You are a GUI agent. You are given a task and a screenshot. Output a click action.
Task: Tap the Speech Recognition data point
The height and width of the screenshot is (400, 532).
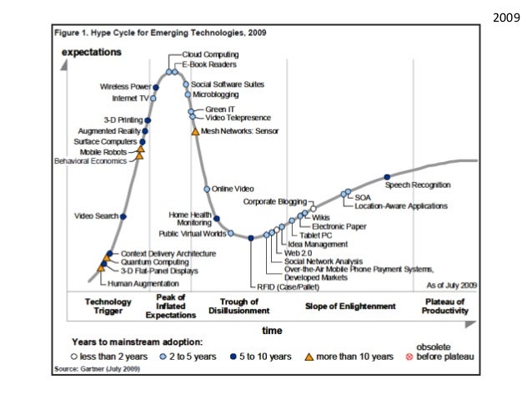click(387, 176)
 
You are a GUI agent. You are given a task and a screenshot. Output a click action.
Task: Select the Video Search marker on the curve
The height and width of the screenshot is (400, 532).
click(123, 216)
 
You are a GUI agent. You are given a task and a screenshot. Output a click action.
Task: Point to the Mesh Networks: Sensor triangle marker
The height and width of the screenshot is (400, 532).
click(195, 131)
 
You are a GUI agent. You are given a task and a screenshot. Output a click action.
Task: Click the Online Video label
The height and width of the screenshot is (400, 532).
click(233, 190)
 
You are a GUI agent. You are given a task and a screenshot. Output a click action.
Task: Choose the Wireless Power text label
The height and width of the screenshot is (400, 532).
click(126, 87)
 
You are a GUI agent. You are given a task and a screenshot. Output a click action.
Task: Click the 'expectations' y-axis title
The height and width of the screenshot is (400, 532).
click(92, 52)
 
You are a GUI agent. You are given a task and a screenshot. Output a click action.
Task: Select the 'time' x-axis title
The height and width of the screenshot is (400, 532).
click(272, 331)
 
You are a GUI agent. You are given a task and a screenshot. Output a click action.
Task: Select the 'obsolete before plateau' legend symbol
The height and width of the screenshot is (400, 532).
click(409, 357)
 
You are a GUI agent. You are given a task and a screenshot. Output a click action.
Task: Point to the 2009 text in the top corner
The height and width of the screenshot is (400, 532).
click(507, 16)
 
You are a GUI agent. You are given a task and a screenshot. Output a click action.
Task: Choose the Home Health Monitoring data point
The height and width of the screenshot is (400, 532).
click(216, 219)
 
